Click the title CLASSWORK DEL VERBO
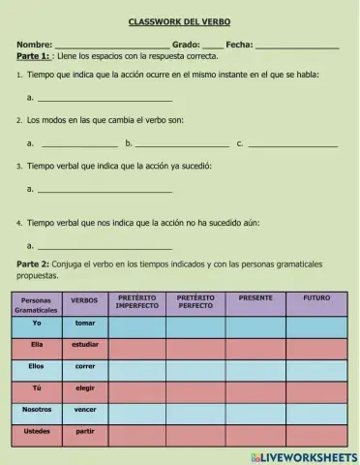(180, 21)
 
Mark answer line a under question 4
(105, 246)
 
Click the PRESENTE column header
(255, 298)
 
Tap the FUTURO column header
(315, 298)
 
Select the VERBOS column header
(85, 301)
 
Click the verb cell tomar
(85, 324)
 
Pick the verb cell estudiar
(85, 345)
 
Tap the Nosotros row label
(37, 411)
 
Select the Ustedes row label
(37, 432)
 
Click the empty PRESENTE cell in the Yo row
(255, 325)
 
